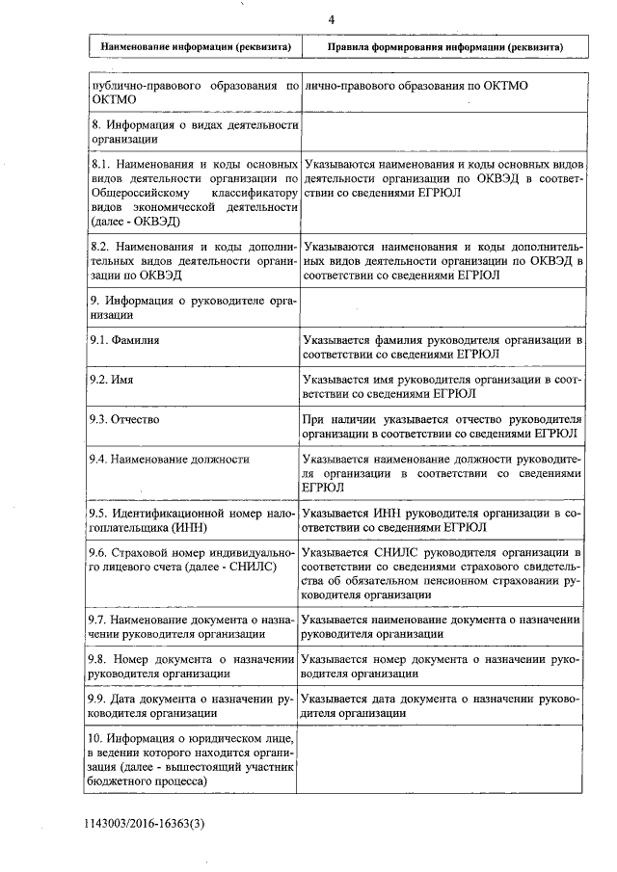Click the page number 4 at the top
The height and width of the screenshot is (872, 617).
[331, 19]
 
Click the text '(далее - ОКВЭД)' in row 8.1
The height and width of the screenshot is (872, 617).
[142, 222]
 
